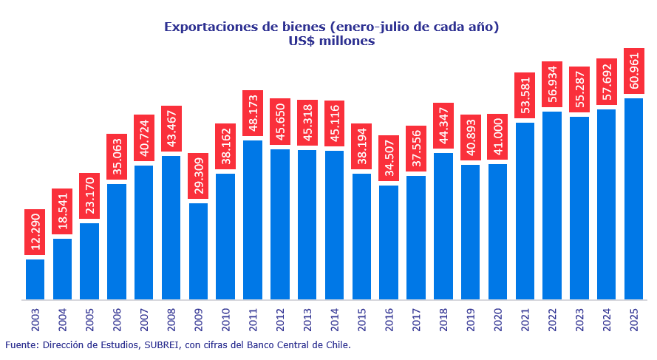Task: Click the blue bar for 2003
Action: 35,279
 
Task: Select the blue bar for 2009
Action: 198,251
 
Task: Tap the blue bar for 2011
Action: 253,220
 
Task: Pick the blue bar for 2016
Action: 389,242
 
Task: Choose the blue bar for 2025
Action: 633,199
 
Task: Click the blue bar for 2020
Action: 497,231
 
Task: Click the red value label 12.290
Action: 35,231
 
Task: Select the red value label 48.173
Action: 253,114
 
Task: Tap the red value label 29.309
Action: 198,176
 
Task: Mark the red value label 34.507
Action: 389,158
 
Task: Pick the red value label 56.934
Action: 552,84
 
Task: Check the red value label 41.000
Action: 497,137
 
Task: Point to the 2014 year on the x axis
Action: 335,319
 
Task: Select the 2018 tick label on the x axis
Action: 443,319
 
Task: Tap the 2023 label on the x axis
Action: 579,319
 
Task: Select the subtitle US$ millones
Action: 332,41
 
